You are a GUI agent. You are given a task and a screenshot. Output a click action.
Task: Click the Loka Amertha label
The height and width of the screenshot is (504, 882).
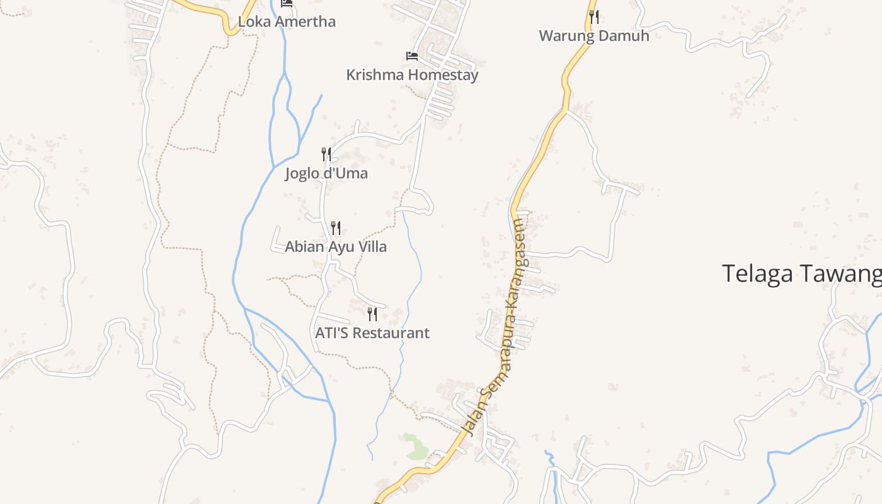pos(287,21)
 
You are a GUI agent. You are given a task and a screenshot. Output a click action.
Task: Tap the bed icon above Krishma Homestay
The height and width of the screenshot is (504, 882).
pos(412,56)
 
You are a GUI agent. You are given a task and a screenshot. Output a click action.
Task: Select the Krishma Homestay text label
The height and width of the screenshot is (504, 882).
pos(412,74)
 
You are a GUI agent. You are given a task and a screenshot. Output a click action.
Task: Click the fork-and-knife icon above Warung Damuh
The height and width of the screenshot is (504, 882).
pos(593,16)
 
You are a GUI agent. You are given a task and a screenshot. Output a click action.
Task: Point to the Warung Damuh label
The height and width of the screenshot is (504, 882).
pos(593,35)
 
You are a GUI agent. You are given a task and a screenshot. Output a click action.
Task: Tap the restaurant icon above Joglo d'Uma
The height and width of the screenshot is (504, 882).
pos(326,154)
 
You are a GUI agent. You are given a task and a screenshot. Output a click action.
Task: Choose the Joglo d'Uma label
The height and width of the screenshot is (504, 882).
pos(326,173)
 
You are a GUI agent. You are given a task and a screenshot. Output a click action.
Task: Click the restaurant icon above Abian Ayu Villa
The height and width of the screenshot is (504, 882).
pos(336,227)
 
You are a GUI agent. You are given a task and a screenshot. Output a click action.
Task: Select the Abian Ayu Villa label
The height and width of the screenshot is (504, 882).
pos(336,246)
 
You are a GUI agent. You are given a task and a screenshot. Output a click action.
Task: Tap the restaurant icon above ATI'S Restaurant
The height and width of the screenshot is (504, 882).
pos(372,314)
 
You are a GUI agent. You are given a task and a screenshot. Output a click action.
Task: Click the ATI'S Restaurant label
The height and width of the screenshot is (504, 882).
pos(372,333)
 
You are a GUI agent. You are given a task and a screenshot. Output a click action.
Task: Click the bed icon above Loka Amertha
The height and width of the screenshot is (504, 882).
pos(287,3)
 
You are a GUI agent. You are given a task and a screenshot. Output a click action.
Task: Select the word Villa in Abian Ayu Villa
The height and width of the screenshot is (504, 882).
pos(372,246)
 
